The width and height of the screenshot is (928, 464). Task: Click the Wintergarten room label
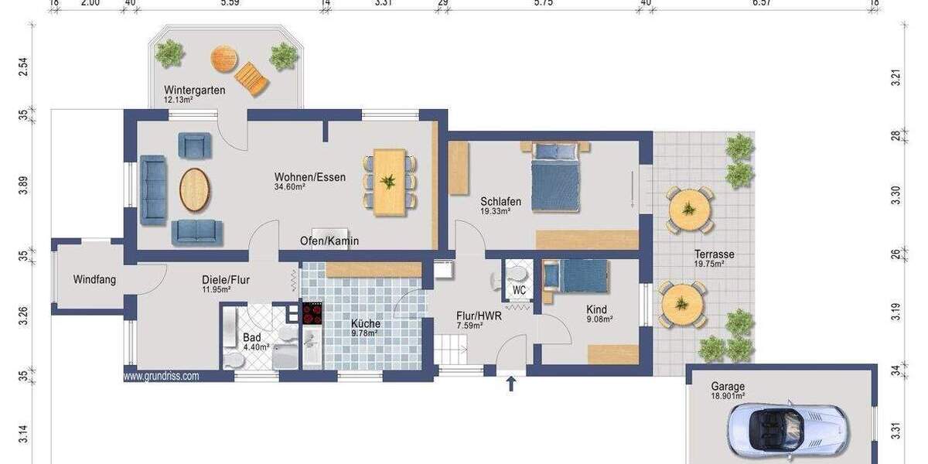coord(194,90)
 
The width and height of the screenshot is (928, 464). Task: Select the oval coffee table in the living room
coord(195,189)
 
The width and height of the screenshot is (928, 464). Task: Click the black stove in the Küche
coord(312,313)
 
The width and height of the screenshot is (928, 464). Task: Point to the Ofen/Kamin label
coord(329,241)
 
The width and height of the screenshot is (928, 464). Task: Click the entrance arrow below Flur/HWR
coord(510,383)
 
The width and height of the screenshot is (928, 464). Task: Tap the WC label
coord(519,291)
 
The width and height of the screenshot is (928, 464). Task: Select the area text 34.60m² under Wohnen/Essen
coord(291,187)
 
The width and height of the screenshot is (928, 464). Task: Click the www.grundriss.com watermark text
coord(161,377)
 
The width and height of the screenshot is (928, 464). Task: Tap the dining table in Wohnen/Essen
coord(390,183)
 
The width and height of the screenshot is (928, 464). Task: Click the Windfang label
coord(94,279)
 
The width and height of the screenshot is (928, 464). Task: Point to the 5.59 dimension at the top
coord(230,3)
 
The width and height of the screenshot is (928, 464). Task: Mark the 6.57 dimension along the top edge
coord(762,3)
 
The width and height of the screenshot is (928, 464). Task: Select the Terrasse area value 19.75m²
coord(709,264)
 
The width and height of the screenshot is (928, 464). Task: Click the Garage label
coord(728,387)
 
